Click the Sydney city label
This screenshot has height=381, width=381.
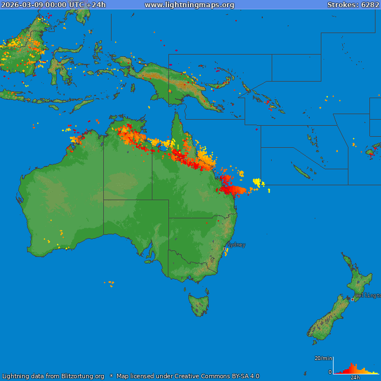point(236,244)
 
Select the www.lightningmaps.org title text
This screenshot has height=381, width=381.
point(189,4)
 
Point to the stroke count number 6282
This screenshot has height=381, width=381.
point(369,4)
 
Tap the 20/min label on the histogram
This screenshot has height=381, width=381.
point(323,358)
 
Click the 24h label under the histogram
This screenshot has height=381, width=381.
point(355,378)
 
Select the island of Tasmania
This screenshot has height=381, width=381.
point(199,304)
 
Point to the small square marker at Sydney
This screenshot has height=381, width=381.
point(225,249)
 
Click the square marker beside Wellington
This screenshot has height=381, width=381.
point(353,299)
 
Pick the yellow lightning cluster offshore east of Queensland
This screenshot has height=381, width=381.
point(257,182)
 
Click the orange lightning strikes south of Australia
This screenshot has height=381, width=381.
point(110,283)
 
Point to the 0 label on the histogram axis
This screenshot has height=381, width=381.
point(330,372)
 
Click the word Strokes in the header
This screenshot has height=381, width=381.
point(340,4)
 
